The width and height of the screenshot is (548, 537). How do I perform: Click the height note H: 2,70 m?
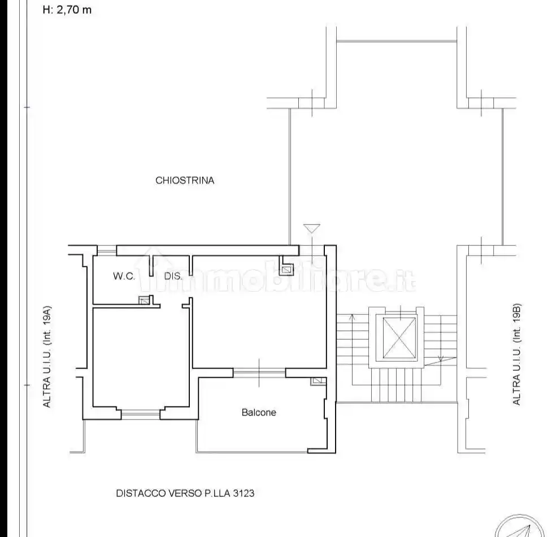(67, 10)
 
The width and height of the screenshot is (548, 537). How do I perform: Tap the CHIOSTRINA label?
(185, 180)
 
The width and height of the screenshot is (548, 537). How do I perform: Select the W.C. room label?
(124, 276)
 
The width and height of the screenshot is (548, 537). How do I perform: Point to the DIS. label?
(173, 276)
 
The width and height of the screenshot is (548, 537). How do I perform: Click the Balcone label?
(259, 413)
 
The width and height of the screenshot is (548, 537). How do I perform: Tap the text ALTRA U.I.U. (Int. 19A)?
(47, 357)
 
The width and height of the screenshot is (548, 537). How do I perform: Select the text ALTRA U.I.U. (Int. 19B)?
(516, 354)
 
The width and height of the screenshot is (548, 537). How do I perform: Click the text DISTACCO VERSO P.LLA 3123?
(185, 493)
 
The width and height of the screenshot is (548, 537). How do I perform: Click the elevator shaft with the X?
(399, 338)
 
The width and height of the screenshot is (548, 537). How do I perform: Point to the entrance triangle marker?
(312, 228)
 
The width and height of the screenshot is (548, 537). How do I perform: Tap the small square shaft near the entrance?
(286, 270)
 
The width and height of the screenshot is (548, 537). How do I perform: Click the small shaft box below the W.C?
(143, 300)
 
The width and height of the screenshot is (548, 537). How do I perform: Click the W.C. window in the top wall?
(107, 250)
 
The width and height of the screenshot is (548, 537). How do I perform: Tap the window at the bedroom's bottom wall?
(141, 414)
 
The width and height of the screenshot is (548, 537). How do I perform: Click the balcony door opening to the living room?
(259, 373)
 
